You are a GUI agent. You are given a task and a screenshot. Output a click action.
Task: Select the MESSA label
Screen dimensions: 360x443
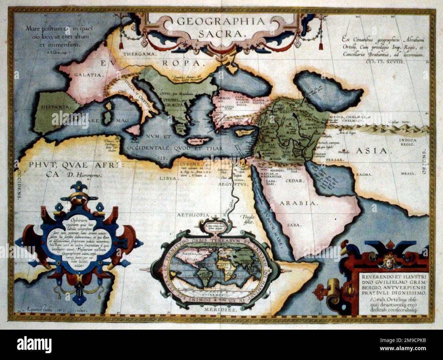pyautogui.click(x=409, y=174)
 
